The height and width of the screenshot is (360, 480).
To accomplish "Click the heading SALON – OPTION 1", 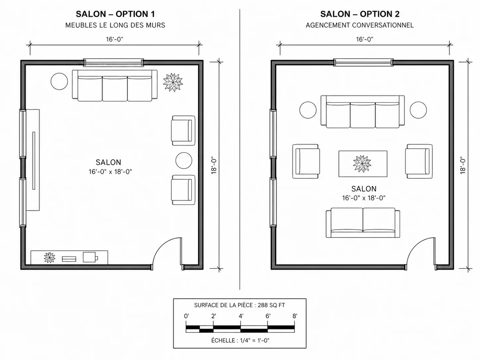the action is pos(115,14).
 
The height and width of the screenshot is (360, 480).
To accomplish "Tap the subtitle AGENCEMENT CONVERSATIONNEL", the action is pos(360,25).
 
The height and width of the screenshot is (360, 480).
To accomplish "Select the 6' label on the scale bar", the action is pos(268,316).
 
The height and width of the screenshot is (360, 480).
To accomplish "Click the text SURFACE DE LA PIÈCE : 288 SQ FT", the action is pos(239,305).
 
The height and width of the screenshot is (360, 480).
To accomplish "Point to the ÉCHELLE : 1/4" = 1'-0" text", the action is pos(240,340).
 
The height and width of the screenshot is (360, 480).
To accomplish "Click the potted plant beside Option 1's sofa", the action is pos(173,83).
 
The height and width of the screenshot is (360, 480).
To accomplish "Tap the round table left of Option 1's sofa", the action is pos(59,81).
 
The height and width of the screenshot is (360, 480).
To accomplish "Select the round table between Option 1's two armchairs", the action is pos(184,160).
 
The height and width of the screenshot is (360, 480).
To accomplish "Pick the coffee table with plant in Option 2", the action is pos(363,164).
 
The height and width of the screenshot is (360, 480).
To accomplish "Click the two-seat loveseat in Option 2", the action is pos(363,223).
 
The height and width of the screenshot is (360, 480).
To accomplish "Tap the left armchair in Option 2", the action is pos(306,161).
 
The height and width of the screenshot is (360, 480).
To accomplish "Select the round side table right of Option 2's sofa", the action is pos(418,110).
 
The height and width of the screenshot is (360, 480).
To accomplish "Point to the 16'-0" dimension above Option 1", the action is pos(115,39).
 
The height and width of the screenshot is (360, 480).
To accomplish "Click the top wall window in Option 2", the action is pos(363,62).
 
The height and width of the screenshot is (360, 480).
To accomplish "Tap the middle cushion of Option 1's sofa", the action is pos(115,89).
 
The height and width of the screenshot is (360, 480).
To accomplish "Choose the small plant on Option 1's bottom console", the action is pos(49,258).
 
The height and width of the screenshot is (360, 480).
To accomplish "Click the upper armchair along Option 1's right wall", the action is pos(183,131).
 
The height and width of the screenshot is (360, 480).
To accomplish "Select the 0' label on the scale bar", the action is pos(186,316).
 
